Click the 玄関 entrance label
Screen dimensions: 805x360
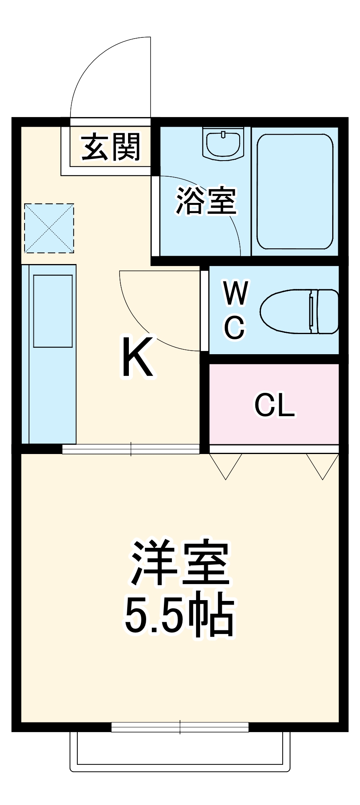pyautogui.click(x=111, y=147)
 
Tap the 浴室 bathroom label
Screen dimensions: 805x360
pyautogui.click(x=206, y=200)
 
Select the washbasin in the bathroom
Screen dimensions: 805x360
pyautogui.click(x=223, y=144)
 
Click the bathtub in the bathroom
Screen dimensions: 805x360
pyautogui.click(x=295, y=192)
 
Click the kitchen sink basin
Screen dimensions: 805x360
pyautogui.click(x=53, y=311)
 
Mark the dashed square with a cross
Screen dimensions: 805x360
pyautogui.click(x=49, y=228)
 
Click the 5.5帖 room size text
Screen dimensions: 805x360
pyautogui.click(x=180, y=617)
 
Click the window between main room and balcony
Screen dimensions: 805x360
pyautogui.click(x=180, y=727)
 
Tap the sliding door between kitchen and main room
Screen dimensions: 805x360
pyautogui.click(x=131, y=449)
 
